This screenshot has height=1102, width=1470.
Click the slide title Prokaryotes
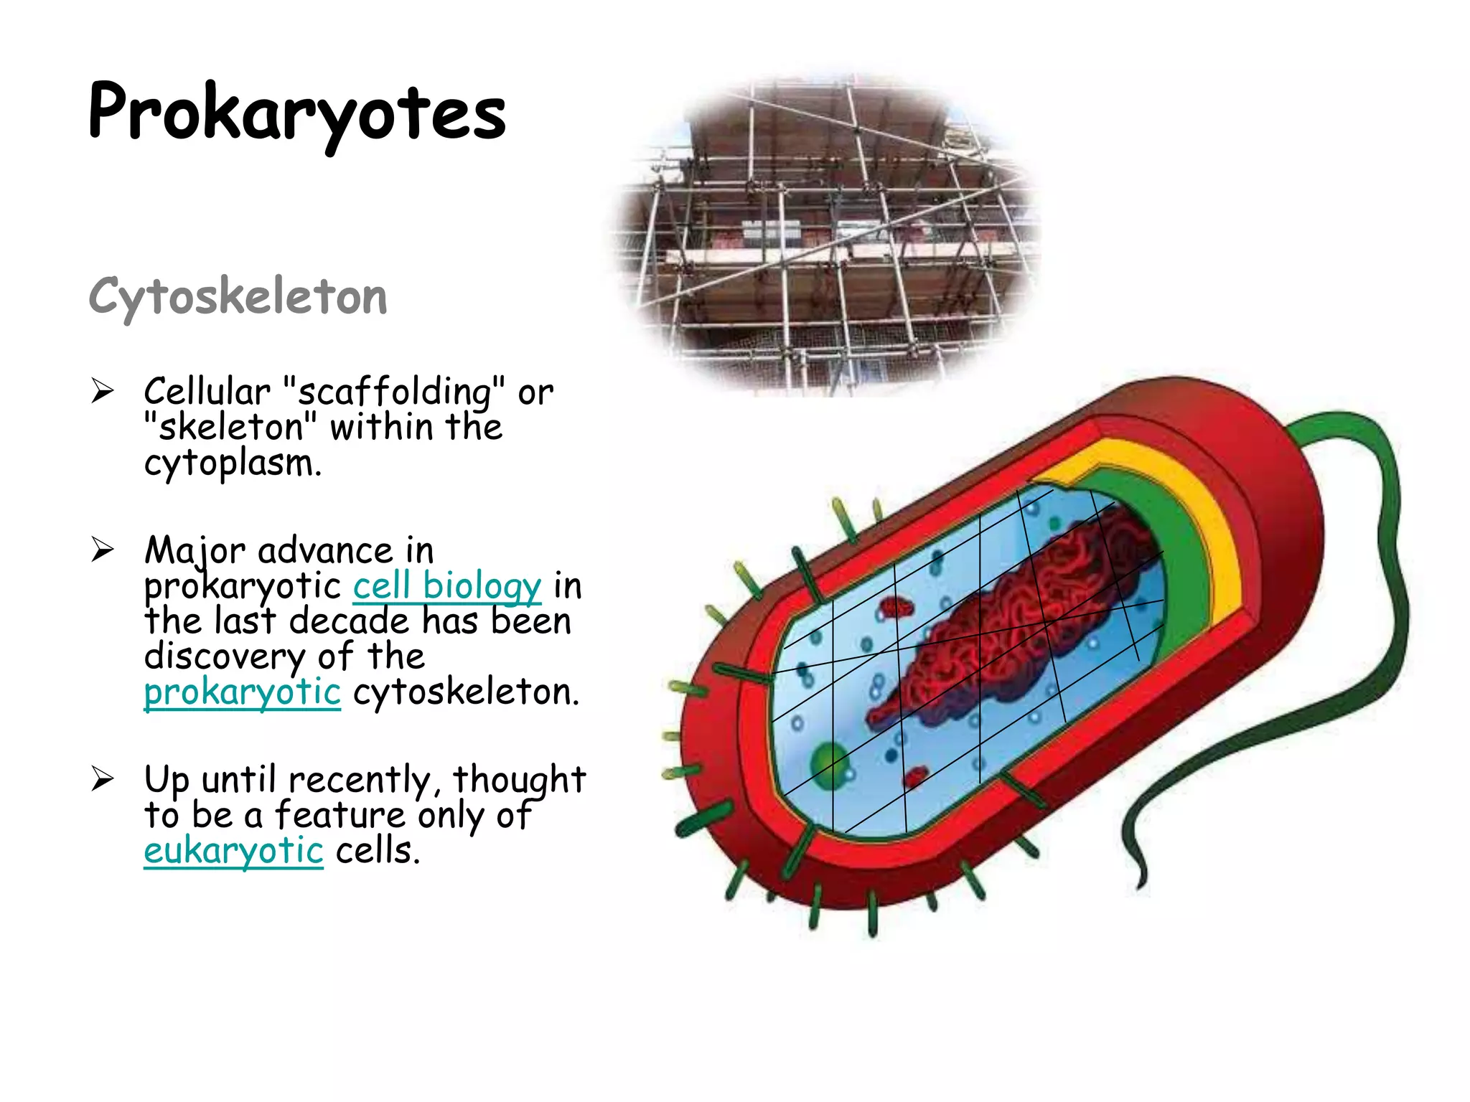[x=296, y=113]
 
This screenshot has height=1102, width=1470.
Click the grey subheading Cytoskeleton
[x=238, y=296]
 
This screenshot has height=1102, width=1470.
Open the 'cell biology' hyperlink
[x=446, y=586]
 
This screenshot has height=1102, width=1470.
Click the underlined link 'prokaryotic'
[x=242, y=692]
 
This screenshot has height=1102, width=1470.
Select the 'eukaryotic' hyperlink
[x=233, y=851]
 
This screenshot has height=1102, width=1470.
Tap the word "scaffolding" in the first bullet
[x=394, y=392]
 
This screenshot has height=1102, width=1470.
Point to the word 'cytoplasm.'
[x=233, y=463]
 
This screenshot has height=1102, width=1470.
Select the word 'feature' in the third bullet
[x=340, y=816]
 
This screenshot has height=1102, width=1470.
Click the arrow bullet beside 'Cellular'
[x=103, y=392]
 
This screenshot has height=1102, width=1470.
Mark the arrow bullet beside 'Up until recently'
[x=103, y=779]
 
